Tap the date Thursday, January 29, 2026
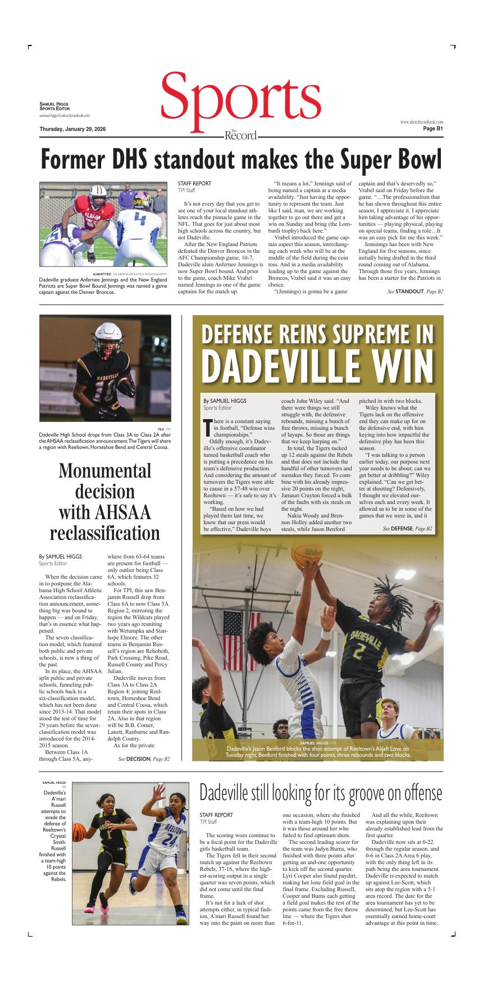(x=72, y=129)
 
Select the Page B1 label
(x=433, y=129)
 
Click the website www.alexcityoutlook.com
(x=421, y=122)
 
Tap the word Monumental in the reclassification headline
(x=105, y=471)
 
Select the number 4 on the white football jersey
(x=140, y=219)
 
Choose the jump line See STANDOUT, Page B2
(x=415, y=292)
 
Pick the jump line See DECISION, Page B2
(x=144, y=759)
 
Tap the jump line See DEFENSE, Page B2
(x=407, y=529)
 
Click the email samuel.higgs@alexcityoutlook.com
(x=65, y=115)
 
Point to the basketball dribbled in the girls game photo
(x=80, y=832)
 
